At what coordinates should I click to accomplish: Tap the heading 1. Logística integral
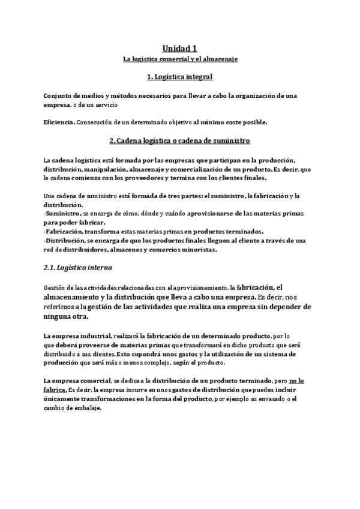(x=180, y=77)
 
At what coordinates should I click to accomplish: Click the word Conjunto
(x=59, y=96)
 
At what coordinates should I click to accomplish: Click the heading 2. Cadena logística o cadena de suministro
(x=180, y=141)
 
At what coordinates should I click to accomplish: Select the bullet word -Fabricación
(x=63, y=232)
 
